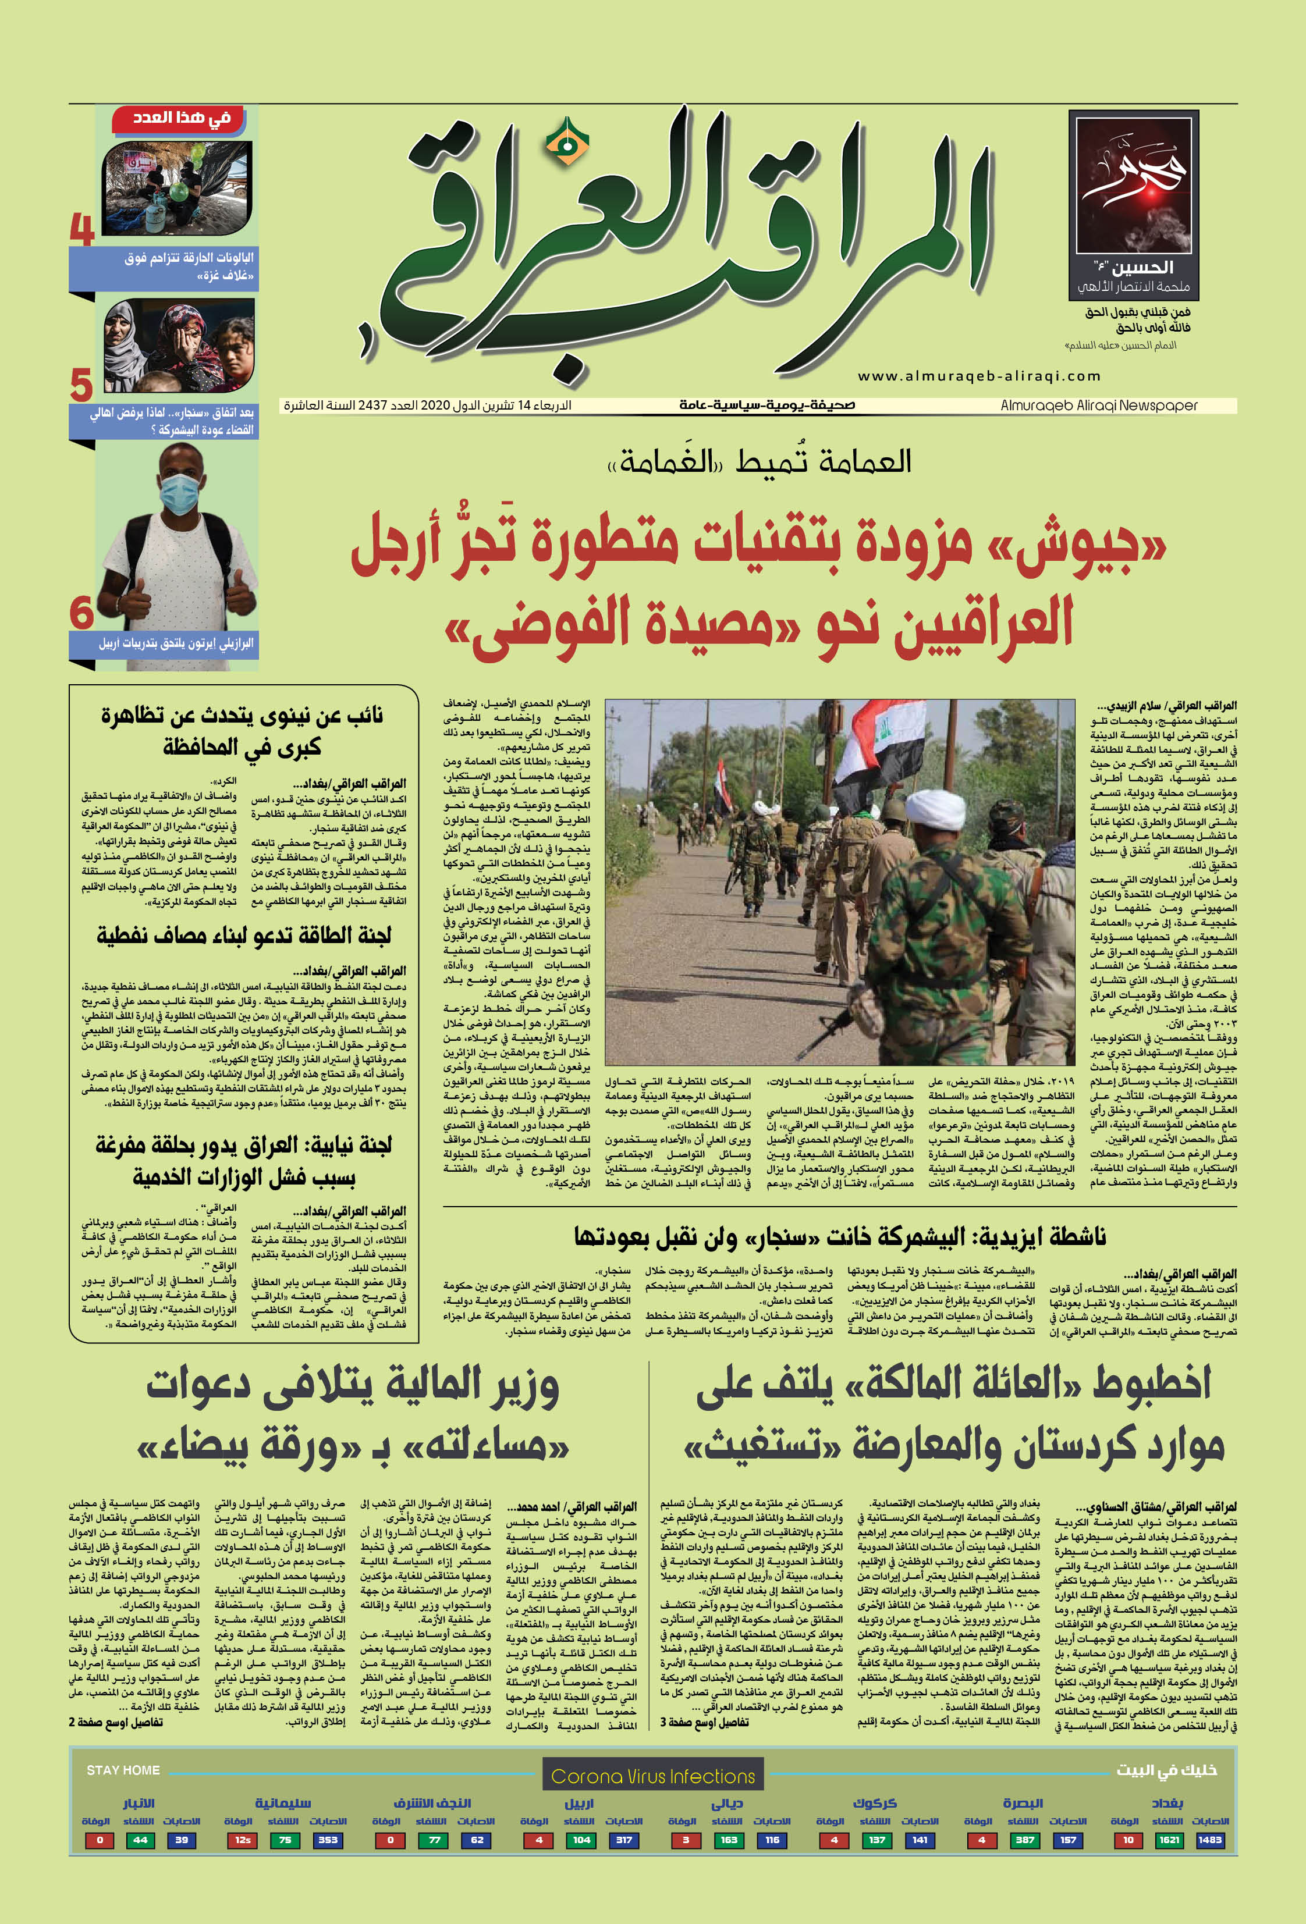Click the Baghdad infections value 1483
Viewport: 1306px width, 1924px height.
1209,1840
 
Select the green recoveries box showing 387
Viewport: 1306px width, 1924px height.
1024,1840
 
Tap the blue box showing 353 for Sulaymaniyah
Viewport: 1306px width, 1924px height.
328,1840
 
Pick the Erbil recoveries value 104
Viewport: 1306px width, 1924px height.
581,1840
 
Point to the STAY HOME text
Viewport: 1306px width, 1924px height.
123,1770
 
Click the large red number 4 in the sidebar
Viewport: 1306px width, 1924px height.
82,229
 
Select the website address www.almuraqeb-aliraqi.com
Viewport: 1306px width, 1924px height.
979,376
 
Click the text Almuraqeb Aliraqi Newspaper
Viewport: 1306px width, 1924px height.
1098,406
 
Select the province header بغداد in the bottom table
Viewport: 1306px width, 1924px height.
1167,1803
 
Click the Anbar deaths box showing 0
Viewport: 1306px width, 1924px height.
100,1840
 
